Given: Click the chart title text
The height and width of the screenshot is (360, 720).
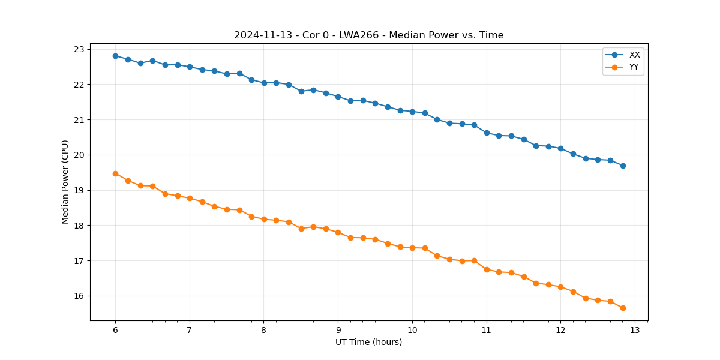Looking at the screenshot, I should pos(368,35).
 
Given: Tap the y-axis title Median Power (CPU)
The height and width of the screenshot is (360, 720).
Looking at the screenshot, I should pos(65,182).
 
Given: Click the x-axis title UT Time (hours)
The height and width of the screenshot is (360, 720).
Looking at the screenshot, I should pos(368,342).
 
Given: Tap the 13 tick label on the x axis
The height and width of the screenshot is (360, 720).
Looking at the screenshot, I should pos(635,331).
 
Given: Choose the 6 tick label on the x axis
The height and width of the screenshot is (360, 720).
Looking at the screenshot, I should pos(115,331).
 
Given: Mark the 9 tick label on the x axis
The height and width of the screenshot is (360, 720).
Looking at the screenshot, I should pos(338,331).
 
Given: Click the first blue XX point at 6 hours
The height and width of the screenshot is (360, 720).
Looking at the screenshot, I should pos(115,56).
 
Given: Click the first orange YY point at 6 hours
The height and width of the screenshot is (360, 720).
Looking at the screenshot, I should pos(115,173).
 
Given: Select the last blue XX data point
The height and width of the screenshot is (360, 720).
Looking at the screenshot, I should pos(623,166).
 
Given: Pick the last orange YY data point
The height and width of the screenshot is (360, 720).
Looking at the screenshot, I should pos(623,308).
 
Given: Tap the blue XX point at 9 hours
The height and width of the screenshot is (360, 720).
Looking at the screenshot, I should pos(338,97).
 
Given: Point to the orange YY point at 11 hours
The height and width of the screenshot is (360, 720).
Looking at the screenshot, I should pos(487,269).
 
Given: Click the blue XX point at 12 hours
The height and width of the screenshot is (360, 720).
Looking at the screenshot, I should pos(560,148).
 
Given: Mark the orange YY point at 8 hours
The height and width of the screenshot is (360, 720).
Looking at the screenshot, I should pos(264,220).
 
